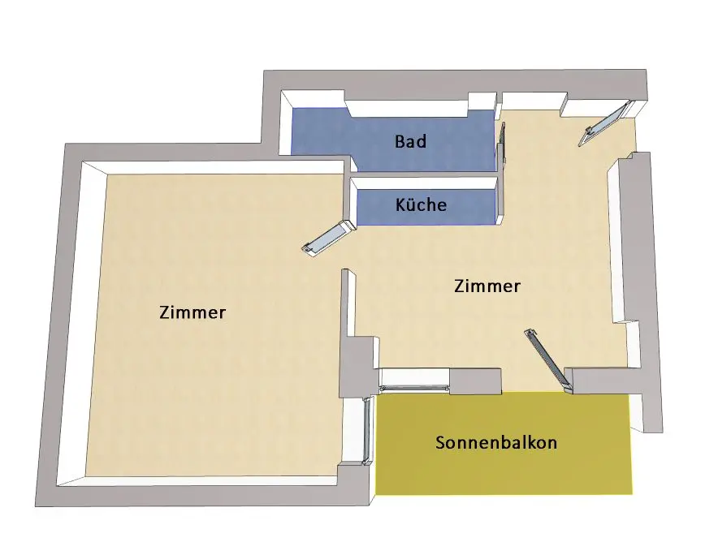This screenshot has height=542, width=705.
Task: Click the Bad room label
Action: coord(410,141)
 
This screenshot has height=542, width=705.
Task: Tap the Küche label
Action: coord(421,204)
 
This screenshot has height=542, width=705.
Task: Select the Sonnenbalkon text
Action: coord(495,443)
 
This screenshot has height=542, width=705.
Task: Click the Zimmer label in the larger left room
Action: coord(192,312)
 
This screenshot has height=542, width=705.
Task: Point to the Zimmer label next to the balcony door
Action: coord(487,286)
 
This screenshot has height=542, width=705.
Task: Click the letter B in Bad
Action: coord(400,141)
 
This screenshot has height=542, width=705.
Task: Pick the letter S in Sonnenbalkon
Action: coord(440,443)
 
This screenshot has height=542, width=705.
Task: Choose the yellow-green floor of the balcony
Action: coord(504,471)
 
